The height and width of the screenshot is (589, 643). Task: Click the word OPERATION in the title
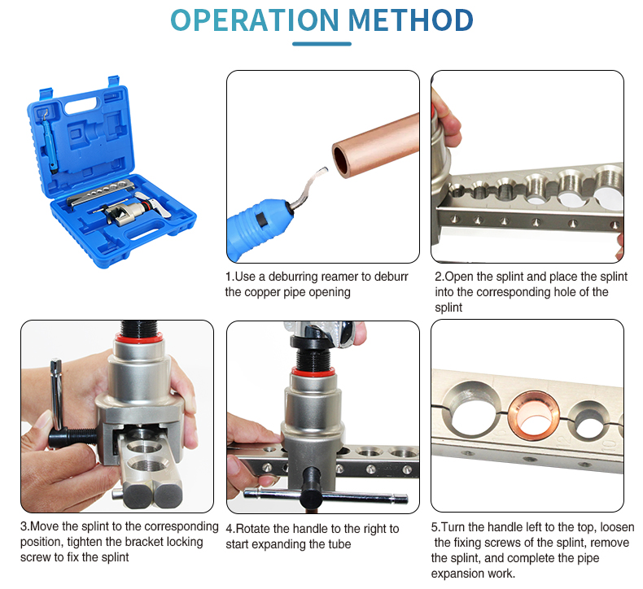(256, 20)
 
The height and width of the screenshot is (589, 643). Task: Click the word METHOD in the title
(411, 20)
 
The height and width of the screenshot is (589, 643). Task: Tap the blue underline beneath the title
(321, 44)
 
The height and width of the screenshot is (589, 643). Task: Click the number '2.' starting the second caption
(440, 277)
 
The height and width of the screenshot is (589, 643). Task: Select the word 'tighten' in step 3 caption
(89, 542)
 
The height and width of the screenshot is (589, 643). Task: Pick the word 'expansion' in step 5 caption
(460, 574)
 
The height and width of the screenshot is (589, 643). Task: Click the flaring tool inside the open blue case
(122, 212)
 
